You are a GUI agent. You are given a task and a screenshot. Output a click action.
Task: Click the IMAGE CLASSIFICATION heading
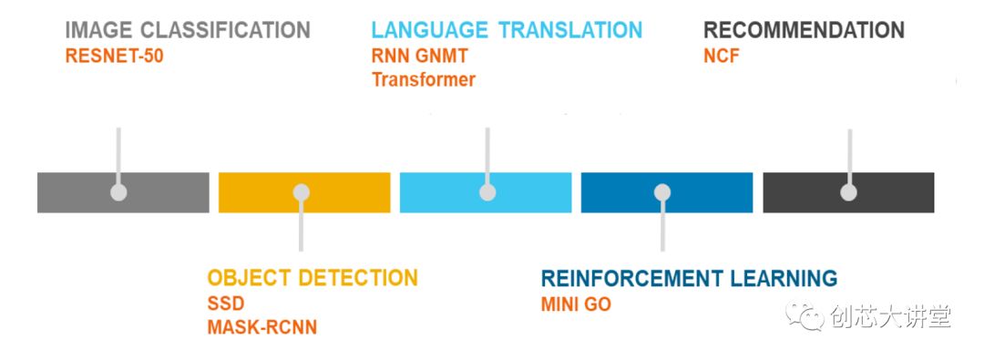coord(188,30)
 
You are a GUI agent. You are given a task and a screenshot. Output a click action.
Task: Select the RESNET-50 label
coord(114,57)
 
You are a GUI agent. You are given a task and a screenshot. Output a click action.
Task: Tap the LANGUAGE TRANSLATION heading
coord(507,30)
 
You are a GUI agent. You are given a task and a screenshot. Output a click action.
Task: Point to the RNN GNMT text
coord(420,57)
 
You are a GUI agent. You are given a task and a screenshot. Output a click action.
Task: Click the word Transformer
coord(424,80)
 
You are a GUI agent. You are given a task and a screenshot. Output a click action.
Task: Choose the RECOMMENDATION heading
coord(804,30)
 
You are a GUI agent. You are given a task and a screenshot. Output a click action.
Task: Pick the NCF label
coord(722,57)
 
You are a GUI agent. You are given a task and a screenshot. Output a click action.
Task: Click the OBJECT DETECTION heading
coord(313,278)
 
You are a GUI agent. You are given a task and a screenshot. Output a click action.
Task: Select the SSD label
coord(226,304)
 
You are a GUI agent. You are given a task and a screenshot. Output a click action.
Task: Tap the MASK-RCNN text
coord(262,327)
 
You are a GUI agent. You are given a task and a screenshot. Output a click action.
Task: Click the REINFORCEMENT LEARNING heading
coord(689,278)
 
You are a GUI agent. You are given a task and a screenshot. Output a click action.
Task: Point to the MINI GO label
coord(576,304)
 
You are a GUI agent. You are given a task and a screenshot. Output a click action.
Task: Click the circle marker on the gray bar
coord(118,192)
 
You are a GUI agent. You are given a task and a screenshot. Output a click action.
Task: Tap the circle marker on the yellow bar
coord(302,192)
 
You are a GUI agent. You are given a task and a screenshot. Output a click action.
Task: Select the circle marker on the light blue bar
coord(487,192)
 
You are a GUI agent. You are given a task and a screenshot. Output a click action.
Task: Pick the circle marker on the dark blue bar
coord(662,192)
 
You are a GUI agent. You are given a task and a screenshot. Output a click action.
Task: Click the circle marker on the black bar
coord(848,192)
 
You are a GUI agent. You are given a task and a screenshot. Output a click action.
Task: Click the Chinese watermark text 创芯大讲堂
coord(890,316)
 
